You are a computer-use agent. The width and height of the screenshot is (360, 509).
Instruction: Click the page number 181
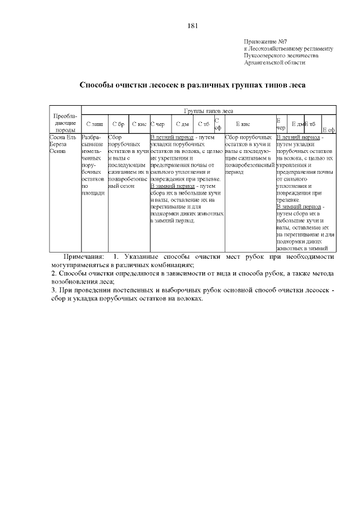click(x=192, y=25)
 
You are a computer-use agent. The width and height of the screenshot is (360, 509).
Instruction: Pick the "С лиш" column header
click(x=94, y=124)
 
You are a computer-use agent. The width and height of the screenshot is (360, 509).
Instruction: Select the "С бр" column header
click(x=118, y=124)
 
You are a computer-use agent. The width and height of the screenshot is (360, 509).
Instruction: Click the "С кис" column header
click(x=139, y=124)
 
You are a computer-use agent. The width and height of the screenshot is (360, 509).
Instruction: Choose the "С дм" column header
click(x=182, y=124)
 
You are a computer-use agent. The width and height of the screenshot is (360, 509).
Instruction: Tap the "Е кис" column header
click(x=243, y=124)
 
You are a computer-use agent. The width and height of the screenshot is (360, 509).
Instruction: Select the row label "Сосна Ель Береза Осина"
click(x=62, y=144)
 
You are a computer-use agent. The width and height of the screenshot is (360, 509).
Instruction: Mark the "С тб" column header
click(x=204, y=124)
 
